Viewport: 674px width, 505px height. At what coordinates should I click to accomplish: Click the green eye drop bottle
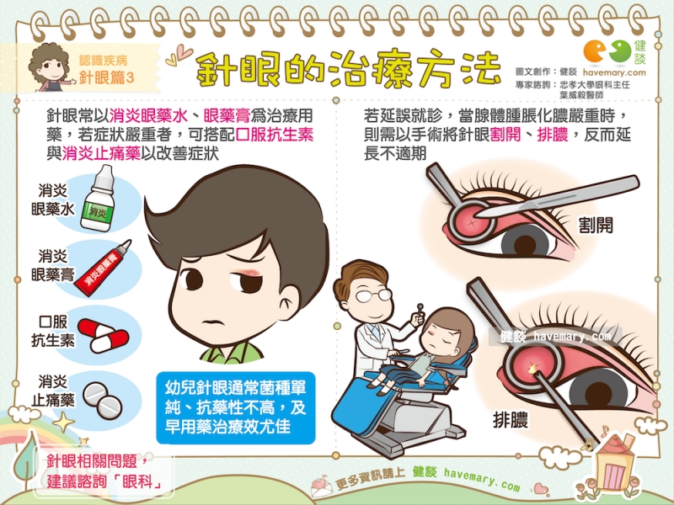point(99,199)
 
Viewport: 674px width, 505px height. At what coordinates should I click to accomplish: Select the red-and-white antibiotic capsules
point(104,336)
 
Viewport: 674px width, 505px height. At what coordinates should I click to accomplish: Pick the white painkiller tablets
point(102,401)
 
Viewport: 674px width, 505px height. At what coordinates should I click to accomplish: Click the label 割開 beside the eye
point(596,225)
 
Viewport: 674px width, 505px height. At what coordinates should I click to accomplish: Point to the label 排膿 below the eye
point(511,419)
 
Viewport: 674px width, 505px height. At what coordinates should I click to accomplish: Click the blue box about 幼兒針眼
point(236,407)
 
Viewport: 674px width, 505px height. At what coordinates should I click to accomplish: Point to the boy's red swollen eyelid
point(246,272)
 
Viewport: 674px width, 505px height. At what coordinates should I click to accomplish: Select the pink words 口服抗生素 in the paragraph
point(275,135)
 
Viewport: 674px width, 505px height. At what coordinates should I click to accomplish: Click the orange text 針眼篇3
point(107,77)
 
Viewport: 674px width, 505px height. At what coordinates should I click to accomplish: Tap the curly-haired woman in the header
point(49,67)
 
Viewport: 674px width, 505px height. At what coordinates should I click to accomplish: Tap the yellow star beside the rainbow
point(64,422)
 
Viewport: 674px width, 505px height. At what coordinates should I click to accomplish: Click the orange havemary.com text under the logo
point(614,72)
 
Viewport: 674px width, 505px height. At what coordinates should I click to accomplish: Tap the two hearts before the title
point(179,55)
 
